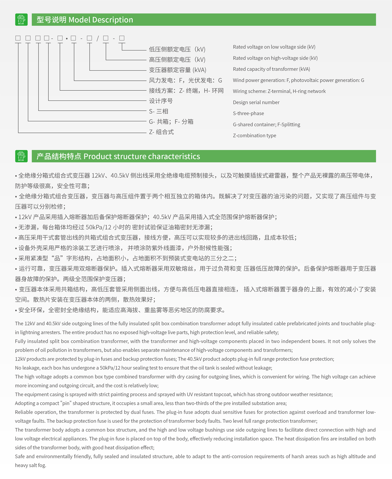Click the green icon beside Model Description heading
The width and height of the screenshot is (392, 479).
click(22, 20)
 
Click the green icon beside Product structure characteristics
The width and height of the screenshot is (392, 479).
click(22, 156)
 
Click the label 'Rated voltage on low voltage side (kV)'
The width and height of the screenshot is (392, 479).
click(274, 47)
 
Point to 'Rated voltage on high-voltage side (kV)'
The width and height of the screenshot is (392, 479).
click(275, 58)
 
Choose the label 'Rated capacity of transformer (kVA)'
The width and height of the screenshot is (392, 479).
click(271, 69)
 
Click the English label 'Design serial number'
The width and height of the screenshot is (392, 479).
click(256, 102)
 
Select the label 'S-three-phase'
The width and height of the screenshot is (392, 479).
click(248, 114)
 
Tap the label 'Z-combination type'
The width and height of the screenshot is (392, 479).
click(254, 136)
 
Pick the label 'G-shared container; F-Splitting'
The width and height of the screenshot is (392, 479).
click(266, 125)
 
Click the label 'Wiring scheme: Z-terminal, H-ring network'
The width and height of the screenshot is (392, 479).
click(279, 91)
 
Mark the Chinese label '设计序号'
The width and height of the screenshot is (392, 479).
click(161, 101)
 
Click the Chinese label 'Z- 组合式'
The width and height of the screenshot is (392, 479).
click(161, 132)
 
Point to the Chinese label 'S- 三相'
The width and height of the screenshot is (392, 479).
click(158, 112)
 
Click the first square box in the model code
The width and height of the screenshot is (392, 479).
click(18, 38)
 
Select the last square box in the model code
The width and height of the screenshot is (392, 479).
click(122, 38)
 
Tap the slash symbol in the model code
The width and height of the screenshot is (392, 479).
click(97, 38)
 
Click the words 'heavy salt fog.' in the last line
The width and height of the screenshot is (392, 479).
click(30, 465)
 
